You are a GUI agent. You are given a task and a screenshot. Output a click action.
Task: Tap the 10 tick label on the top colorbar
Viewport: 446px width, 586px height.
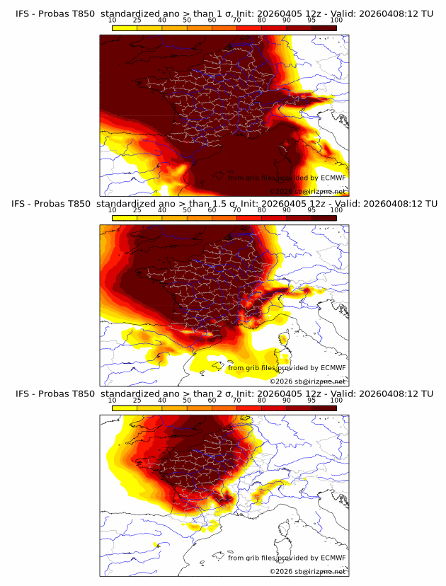tap(113, 21)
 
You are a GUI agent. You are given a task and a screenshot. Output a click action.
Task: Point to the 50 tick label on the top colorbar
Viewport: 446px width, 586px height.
tap(187, 21)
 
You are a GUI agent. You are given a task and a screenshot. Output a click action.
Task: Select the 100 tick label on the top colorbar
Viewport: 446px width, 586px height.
tap(336, 21)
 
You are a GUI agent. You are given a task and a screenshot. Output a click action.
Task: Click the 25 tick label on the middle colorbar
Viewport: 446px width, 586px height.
tap(137, 211)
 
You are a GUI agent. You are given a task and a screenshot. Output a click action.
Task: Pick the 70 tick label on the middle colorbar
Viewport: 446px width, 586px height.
tap(237, 211)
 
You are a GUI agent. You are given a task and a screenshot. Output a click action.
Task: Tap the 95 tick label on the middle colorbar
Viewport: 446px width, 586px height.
tap(311, 211)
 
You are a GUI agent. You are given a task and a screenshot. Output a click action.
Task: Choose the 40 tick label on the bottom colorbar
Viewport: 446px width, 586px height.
tap(162, 401)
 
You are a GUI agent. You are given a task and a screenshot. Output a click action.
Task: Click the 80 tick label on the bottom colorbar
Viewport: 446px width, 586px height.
tap(262, 401)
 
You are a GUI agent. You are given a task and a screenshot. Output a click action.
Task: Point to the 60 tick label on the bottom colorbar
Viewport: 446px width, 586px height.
tap(212, 401)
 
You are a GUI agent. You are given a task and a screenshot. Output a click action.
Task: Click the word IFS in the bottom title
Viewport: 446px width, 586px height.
tap(23, 393)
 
